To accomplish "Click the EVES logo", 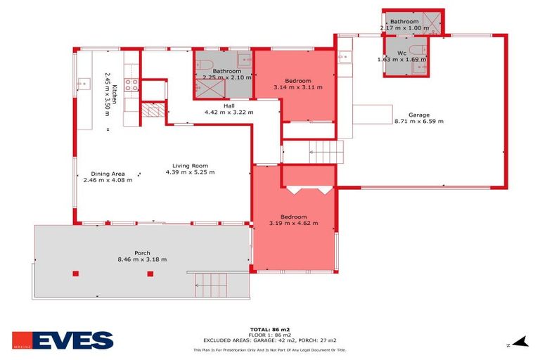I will pos(63,341).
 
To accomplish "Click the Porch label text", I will pos(143,252).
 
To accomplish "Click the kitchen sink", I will pos(82,84).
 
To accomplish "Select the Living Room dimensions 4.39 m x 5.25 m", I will pos(190,172).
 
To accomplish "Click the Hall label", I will pos(229,105).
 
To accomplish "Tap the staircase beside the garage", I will pos(325,150).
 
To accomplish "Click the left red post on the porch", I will pos(76,274).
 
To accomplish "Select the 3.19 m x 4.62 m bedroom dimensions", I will pos(294,223).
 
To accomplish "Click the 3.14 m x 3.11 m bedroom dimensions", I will pos(298,87).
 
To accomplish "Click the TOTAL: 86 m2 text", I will pos(270,329).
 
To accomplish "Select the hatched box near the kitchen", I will pos(151,111).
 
